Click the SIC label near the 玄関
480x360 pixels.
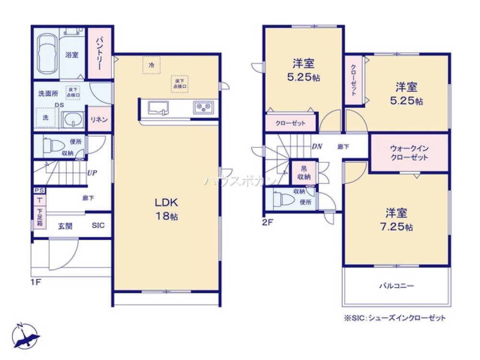tap(98, 226)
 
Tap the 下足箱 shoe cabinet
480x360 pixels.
tap(39, 216)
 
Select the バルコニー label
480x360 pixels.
tap(396, 286)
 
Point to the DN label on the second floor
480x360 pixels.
tap(317, 147)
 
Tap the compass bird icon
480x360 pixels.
tap(26, 336)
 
